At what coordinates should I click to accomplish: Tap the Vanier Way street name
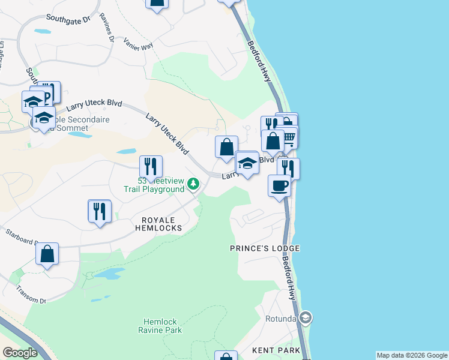coord(139,43)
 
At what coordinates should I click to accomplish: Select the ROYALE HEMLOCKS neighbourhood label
coord(161,224)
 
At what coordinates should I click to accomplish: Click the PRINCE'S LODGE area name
coord(265,248)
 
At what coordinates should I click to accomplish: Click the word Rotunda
coord(282,319)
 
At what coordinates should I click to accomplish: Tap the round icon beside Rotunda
coord(306,317)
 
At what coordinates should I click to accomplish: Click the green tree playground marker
coord(193,184)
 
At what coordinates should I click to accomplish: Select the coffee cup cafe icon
coord(279,185)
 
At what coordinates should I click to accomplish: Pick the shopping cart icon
coord(289,137)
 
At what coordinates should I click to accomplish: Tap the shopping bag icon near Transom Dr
coord(47,253)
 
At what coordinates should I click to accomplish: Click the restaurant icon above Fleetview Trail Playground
coord(151,166)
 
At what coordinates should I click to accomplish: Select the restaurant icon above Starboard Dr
coord(99,211)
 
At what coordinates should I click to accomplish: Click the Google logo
coord(20,353)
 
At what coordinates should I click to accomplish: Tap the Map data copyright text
coord(412,355)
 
